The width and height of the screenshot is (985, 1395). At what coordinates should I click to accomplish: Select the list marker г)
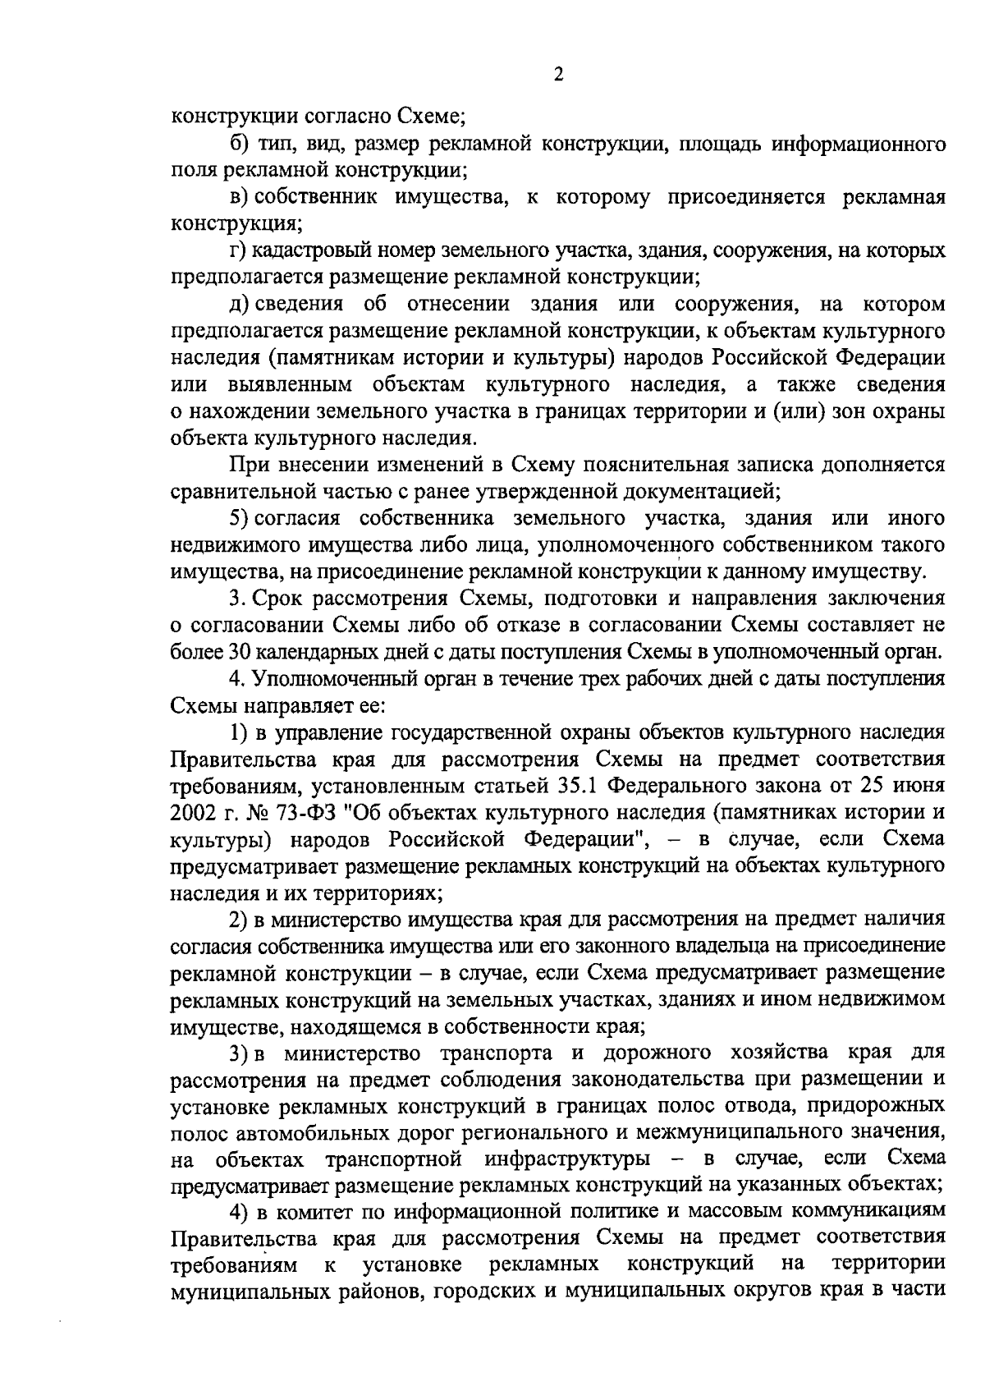238,250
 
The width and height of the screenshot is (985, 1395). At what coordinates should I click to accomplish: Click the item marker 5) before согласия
238,518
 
